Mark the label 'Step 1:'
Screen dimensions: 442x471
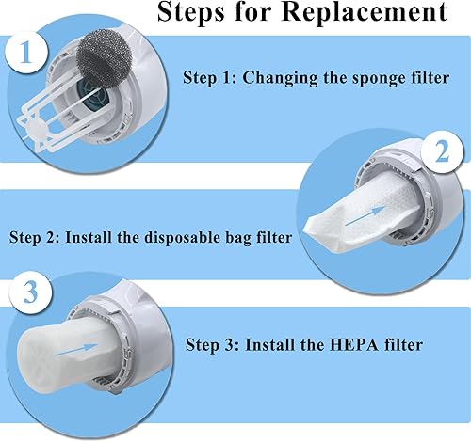pos(207,78)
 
